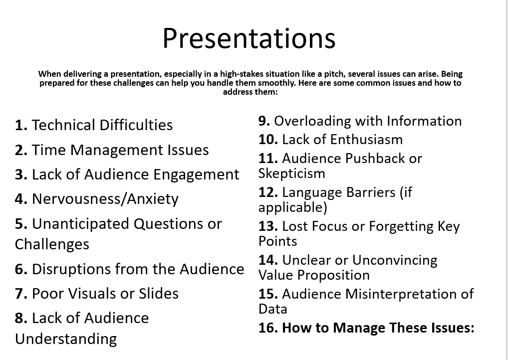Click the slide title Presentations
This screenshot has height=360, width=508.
point(249,38)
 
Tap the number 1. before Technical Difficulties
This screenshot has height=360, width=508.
point(21,125)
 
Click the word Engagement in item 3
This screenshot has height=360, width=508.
point(196,175)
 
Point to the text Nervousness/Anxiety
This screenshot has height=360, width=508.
point(105,199)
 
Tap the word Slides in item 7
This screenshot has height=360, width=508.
point(158,294)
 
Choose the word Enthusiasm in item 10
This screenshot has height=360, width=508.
point(366,140)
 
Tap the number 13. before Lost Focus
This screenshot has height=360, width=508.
point(268,226)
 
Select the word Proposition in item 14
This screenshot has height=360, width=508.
point(333,276)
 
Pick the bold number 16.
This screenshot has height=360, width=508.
point(268,328)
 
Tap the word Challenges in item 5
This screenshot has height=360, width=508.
point(52,245)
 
